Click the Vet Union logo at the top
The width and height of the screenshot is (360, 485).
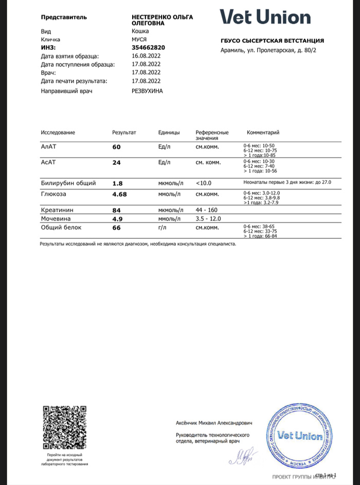265,17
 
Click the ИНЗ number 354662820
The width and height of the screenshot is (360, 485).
148,47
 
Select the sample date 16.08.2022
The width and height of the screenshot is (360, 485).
146,55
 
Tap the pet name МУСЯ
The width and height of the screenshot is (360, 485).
140,39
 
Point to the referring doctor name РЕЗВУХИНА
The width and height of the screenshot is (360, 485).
147,90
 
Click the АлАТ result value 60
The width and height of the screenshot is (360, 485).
116,147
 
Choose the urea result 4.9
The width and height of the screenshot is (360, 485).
117,218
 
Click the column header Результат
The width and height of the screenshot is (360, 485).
124,133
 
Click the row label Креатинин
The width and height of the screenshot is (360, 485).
56,210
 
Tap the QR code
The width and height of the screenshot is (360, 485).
64,427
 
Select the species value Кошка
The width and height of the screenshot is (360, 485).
140,31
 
